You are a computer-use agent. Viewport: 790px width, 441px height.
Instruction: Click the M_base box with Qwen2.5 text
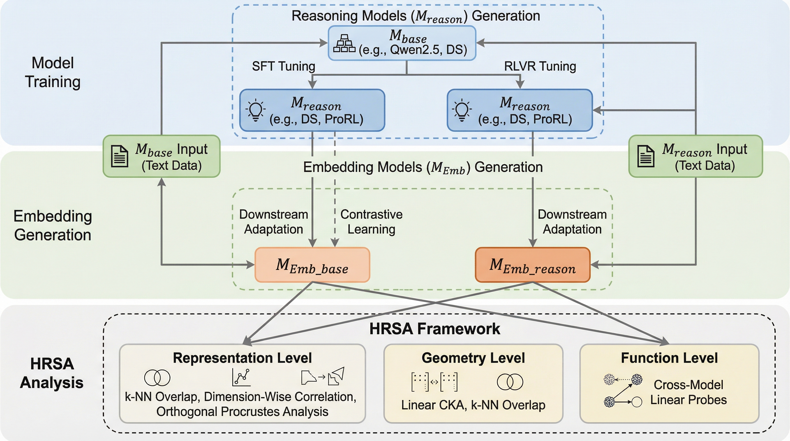(x=402, y=43)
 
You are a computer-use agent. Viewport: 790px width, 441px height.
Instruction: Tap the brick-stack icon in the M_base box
(x=344, y=44)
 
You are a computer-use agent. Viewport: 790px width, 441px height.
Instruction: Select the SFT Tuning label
(x=283, y=66)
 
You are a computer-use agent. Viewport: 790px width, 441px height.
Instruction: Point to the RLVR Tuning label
(x=540, y=66)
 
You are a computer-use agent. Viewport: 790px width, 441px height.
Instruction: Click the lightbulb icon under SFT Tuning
(x=255, y=111)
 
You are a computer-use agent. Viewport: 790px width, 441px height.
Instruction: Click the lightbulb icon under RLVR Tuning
(x=462, y=111)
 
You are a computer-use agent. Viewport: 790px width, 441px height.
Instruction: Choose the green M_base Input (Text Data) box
(x=162, y=156)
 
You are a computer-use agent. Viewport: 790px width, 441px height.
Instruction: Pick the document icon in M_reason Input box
(x=646, y=156)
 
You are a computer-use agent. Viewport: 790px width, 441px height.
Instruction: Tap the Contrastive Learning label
(x=371, y=222)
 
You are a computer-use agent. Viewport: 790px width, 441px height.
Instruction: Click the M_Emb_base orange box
(x=312, y=265)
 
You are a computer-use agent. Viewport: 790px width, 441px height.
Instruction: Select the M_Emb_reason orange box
(x=533, y=265)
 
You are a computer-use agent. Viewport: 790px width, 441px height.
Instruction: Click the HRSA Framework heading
(x=435, y=329)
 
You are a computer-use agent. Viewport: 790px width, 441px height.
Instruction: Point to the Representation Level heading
(x=242, y=358)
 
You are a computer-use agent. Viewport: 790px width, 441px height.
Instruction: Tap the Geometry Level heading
(x=473, y=358)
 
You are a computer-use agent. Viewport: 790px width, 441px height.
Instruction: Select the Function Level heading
(x=669, y=358)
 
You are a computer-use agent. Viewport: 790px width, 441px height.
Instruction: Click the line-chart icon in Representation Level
(x=241, y=377)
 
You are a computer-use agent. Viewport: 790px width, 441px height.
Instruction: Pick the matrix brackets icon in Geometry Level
(x=434, y=382)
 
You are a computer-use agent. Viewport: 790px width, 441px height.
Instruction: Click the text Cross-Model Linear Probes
(x=688, y=392)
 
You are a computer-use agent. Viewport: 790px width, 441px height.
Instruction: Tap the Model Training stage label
(x=53, y=72)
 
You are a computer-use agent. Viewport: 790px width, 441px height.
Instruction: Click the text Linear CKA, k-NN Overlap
(x=473, y=405)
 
